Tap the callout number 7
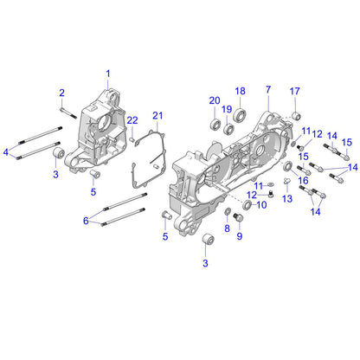(268, 89)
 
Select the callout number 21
(157, 115)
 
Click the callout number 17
(294, 92)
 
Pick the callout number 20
(214, 101)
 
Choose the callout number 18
(241, 91)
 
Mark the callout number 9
(240, 235)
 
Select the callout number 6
(86, 221)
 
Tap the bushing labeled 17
(296, 115)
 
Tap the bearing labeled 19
(229, 130)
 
